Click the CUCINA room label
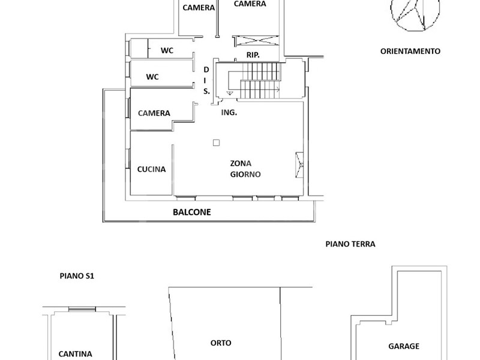click(151, 169)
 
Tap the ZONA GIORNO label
click(245, 169)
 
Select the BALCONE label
click(192, 212)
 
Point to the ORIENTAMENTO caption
click(410, 51)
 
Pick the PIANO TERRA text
click(350, 244)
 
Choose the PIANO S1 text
click(77, 276)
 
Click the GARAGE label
click(404, 346)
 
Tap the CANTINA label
click(76, 354)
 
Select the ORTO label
click(221, 343)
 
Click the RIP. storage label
click(253, 55)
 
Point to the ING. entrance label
click(229, 112)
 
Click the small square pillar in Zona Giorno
click(217, 143)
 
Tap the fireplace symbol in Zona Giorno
click(299, 164)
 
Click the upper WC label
click(167, 50)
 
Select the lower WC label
click(152, 77)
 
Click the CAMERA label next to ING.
click(154, 113)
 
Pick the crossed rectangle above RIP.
click(256, 41)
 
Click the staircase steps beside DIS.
click(260, 80)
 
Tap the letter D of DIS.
click(206, 70)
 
